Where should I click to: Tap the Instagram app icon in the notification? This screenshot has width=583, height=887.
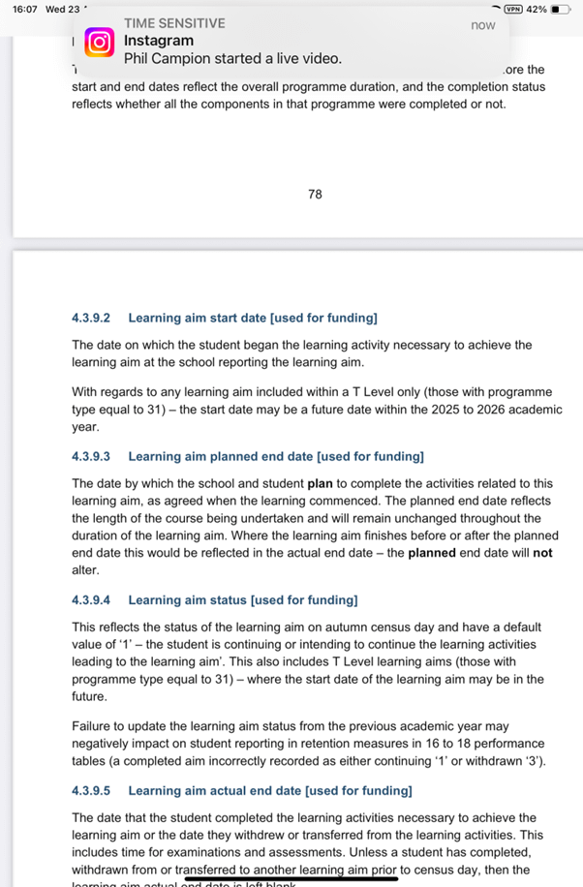coord(99,43)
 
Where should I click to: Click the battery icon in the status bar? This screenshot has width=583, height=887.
coord(561,9)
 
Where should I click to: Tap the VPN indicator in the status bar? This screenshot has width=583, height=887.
coord(507,9)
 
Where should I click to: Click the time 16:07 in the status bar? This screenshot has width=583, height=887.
coord(18,9)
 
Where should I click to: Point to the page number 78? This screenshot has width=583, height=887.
coord(315,195)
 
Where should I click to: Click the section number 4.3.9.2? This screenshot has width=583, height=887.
coord(91,318)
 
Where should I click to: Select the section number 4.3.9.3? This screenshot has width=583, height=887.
coord(91,456)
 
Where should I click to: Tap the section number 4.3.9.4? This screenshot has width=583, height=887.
coord(91,601)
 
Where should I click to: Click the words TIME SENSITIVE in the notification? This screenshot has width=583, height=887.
coord(174,23)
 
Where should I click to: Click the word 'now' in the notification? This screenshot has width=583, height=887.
coord(482,25)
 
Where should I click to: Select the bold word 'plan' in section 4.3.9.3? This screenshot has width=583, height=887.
coord(321,483)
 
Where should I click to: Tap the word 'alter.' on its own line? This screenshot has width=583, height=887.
coord(85,571)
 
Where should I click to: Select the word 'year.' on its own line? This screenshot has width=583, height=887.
coord(85,426)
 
